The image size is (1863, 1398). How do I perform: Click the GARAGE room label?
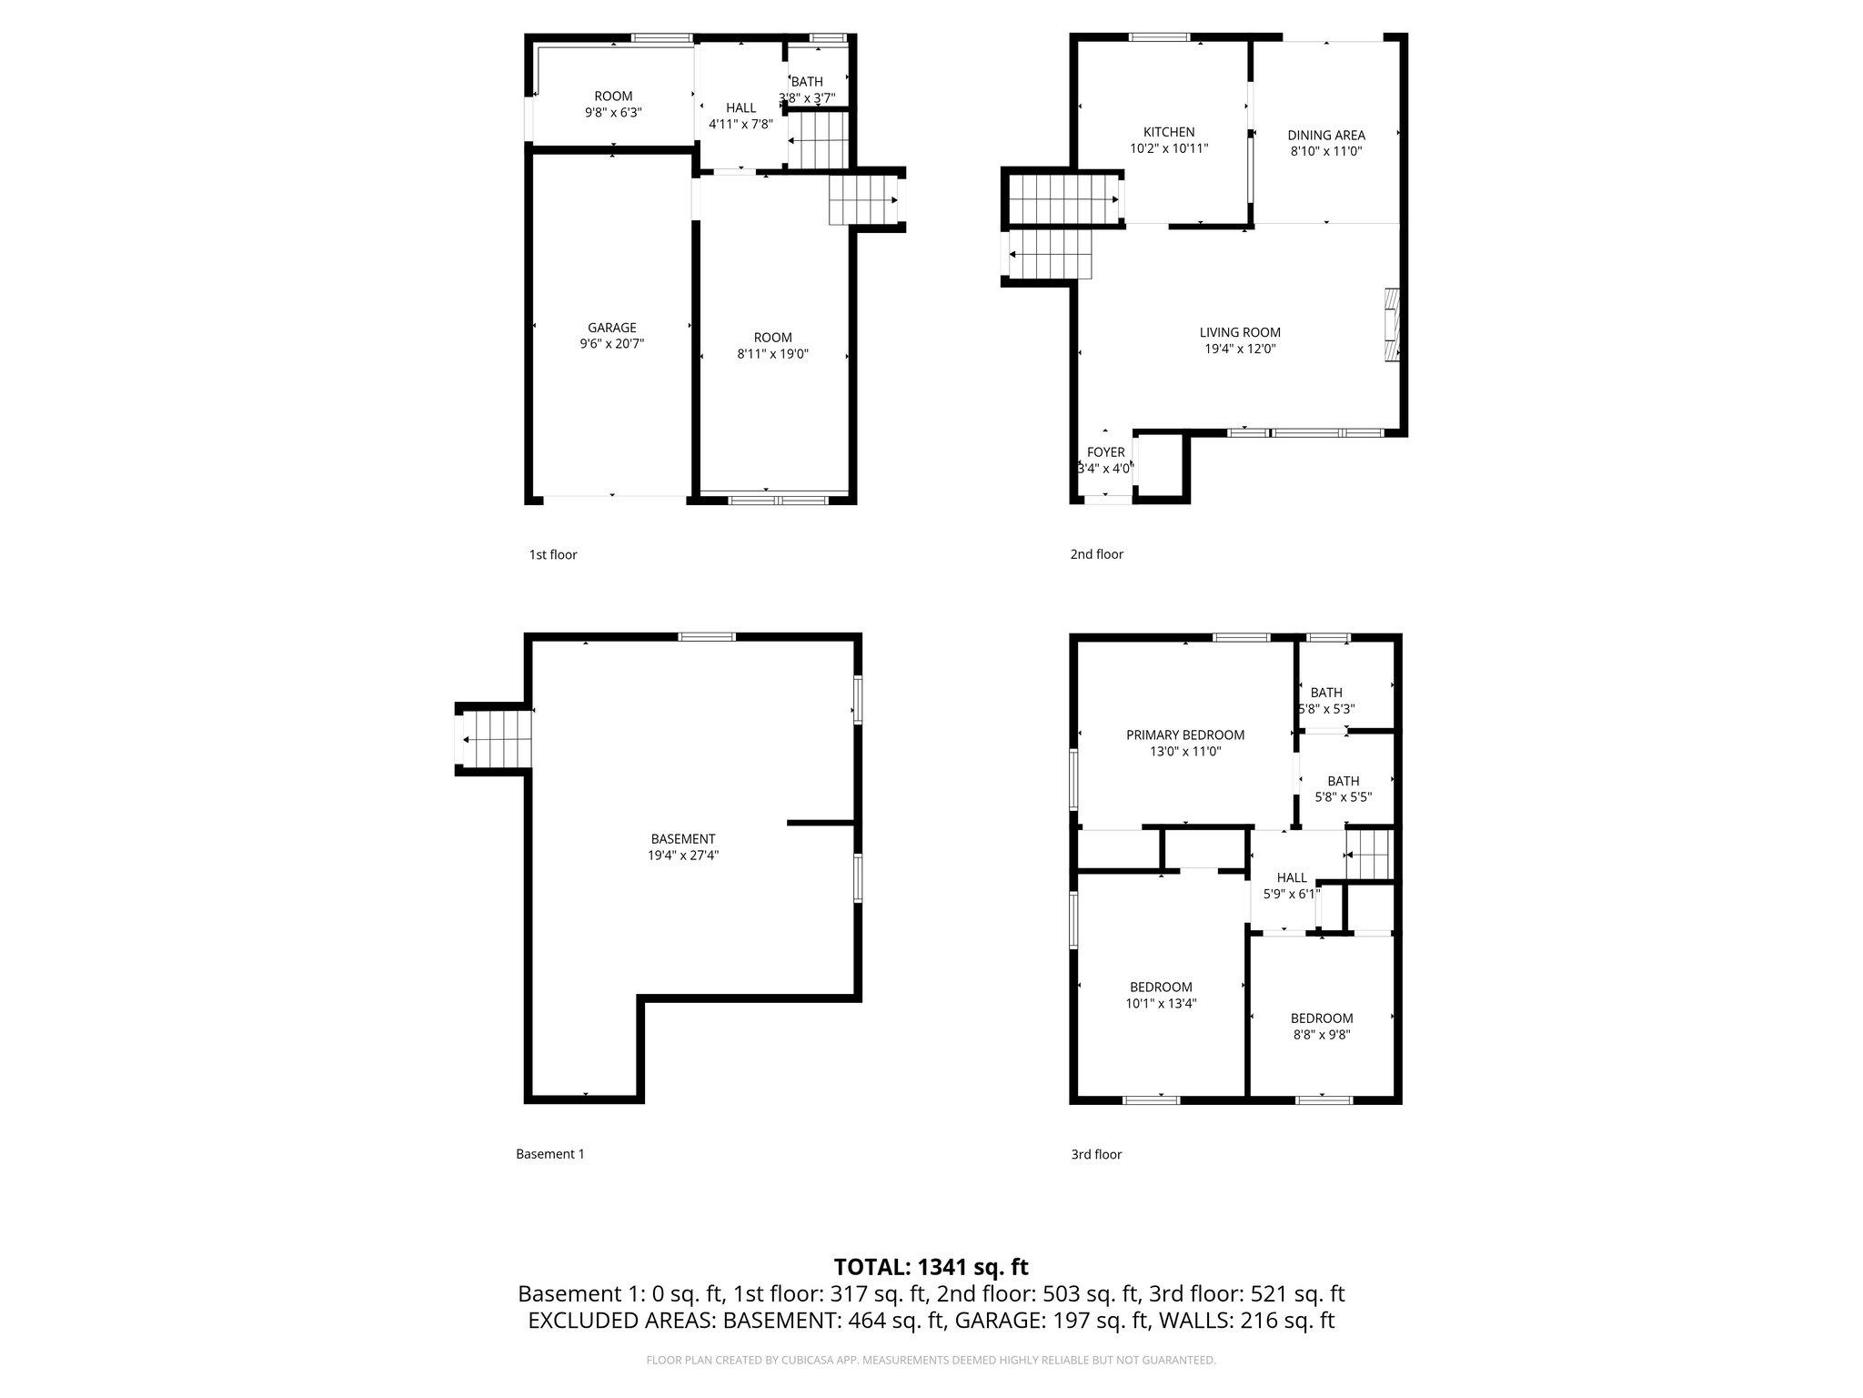pyautogui.click(x=611, y=328)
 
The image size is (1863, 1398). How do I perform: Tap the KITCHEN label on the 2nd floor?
pyautogui.click(x=1169, y=132)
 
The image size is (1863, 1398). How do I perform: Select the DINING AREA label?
pyautogui.click(x=1325, y=136)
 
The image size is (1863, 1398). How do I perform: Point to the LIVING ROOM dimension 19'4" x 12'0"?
pyautogui.click(x=1239, y=349)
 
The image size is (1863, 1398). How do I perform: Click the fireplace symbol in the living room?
pyautogui.click(x=1391, y=326)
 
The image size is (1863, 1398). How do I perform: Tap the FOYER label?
pyautogui.click(x=1105, y=452)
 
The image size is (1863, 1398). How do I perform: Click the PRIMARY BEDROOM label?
pyautogui.click(x=1184, y=735)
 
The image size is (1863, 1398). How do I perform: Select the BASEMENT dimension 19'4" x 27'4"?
pyautogui.click(x=682, y=856)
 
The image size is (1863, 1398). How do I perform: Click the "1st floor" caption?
pyautogui.click(x=553, y=554)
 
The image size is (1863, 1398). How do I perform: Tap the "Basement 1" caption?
pyautogui.click(x=549, y=1154)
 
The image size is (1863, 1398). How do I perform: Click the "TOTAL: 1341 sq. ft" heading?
pyautogui.click(x=931, y=1267)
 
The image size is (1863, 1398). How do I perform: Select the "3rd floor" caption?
pyautogui.click(x=1095, y=1154)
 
